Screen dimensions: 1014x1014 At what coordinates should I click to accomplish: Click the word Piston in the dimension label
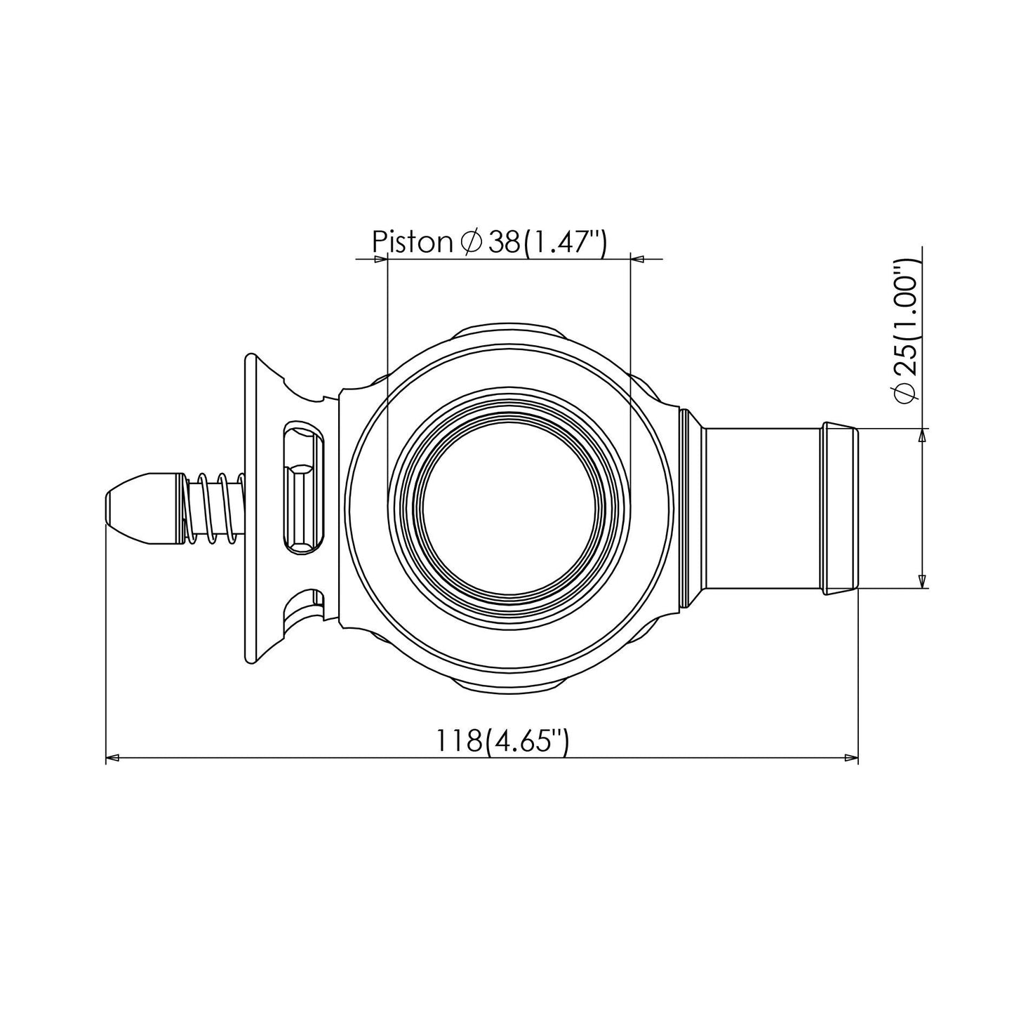coord(412,241)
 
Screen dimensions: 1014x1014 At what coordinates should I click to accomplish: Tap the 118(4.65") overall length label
coord(501,741)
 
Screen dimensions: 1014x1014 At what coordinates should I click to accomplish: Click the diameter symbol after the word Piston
coord(471,242)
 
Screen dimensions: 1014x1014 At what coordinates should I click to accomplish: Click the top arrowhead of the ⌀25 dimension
coord(922,435)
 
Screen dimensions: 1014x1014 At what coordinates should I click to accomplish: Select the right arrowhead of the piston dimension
coord(637,260)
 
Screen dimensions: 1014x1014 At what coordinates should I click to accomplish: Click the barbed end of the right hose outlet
coord(841,507)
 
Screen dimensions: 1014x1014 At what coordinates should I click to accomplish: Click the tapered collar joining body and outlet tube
coord(693,507)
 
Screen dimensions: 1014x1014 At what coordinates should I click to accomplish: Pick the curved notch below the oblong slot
coord(304,604)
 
